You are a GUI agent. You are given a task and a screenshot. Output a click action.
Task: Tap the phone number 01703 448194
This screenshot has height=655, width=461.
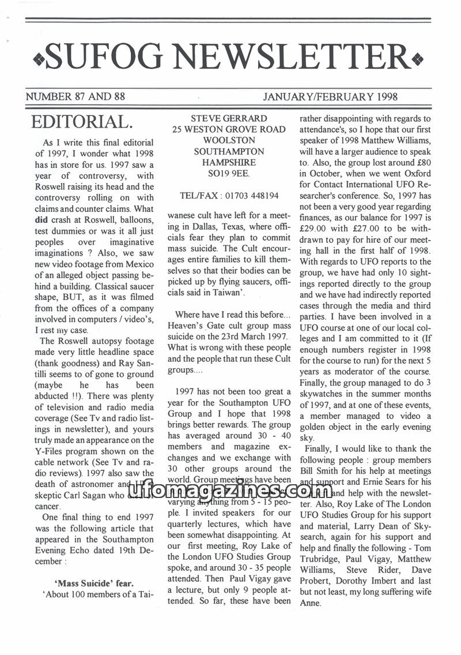click(253, 196)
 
